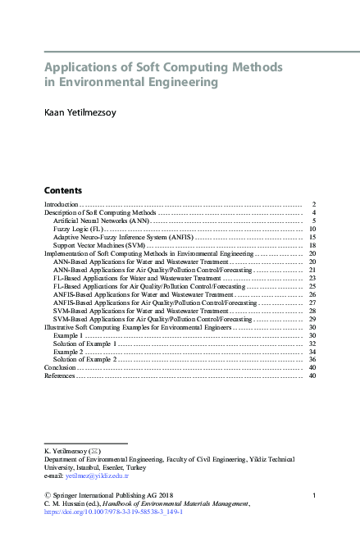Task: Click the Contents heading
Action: [x=62, y=189]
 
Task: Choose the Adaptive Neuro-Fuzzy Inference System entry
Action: [x=121, y=237]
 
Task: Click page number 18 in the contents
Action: [x=312, y=245]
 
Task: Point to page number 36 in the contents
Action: [x=312, y=359]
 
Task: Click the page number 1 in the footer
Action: [x=315, y=494]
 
